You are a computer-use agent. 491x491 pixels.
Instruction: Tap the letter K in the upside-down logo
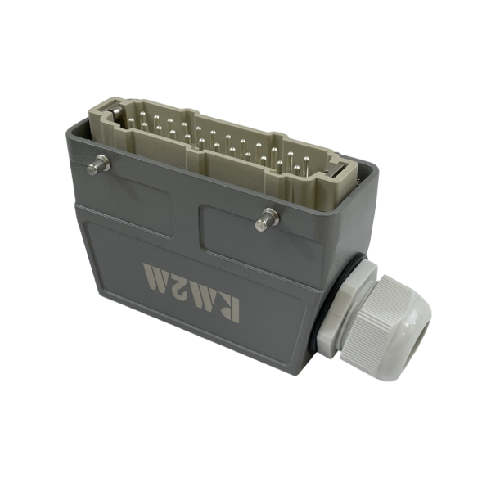tap(226, 309)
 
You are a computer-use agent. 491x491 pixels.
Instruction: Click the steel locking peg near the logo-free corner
tap(98, 165)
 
